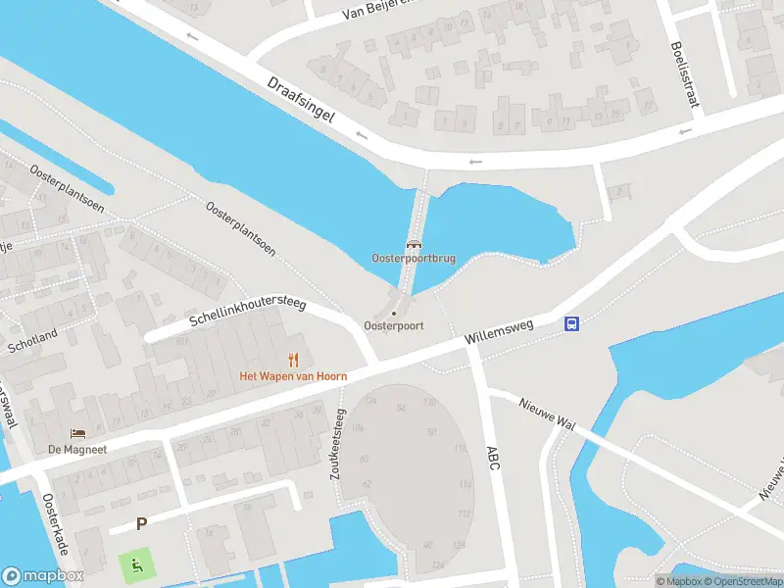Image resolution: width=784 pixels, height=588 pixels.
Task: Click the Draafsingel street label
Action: click(x=301, y=101)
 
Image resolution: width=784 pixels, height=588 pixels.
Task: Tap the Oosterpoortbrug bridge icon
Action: click(x=414, y=245)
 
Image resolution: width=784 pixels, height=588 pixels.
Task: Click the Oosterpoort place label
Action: click(x=393, y=325)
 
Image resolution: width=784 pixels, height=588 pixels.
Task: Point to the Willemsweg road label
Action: click(x=500, y=335)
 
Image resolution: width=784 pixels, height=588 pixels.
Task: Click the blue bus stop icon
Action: click(x=570, y=324)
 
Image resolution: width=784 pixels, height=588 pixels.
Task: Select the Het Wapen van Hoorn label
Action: click(x=293, y=376)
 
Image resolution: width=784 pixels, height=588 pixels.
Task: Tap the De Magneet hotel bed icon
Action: click(x=76, y=433)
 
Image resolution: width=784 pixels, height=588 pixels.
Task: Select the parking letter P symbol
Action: click(x=141, y=523)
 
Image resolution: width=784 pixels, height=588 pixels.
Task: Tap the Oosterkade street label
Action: click(x=55, y=523)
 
